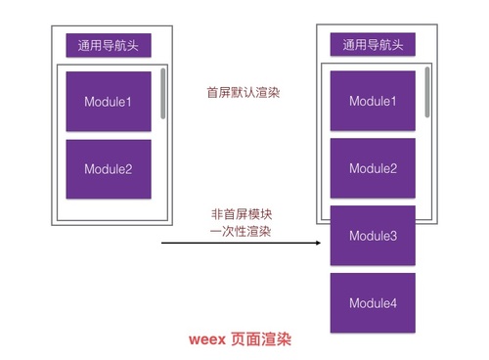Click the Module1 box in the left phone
click(x=109, y=101)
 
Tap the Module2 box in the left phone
click(x=109, y=169)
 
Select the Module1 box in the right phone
click(x=373, y=101)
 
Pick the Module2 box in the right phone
click(x=373, y=168)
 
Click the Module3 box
click(x=373, y=236)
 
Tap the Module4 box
click(x=373, y=303)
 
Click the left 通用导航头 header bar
click(x=109, y=45)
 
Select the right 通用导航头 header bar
click(x=373, y=45)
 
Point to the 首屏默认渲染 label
click(x=236, y=93)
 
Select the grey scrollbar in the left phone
click(x=163, y=93)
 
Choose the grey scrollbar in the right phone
click(x=427, y=91)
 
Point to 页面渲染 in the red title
click(x=259, y=340)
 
